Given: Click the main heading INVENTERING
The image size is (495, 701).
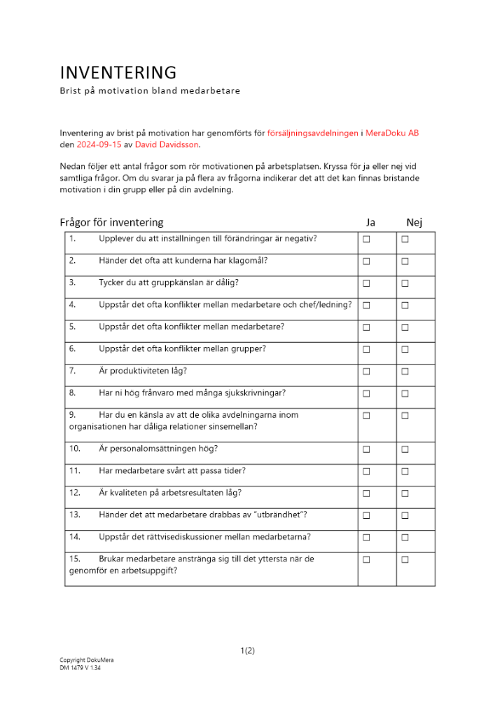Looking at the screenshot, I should [x=118, y=73].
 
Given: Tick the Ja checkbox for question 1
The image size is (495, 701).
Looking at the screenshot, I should [x=366, y=240].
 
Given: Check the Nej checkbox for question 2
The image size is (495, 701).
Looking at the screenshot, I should [x=405, y=261].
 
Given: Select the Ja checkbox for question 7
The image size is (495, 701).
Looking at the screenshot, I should [x=366, y=372].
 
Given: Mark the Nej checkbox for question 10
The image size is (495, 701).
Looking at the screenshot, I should [x=405, y=449].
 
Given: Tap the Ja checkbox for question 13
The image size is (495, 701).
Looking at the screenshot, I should [x=366, y=516].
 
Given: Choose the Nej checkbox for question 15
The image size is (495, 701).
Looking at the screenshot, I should [x=405, y=560].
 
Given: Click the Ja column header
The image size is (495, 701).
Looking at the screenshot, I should [x=370, y=222].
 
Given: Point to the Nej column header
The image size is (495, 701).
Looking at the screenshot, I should [x=414, y=222].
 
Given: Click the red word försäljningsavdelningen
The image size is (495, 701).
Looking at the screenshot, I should [x=312, y=133].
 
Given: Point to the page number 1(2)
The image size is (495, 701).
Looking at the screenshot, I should [x=247, y=651].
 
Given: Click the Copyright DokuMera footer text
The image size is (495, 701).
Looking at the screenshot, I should [x=87, y=660].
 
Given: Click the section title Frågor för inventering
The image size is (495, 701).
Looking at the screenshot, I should [x=111, y=222].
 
